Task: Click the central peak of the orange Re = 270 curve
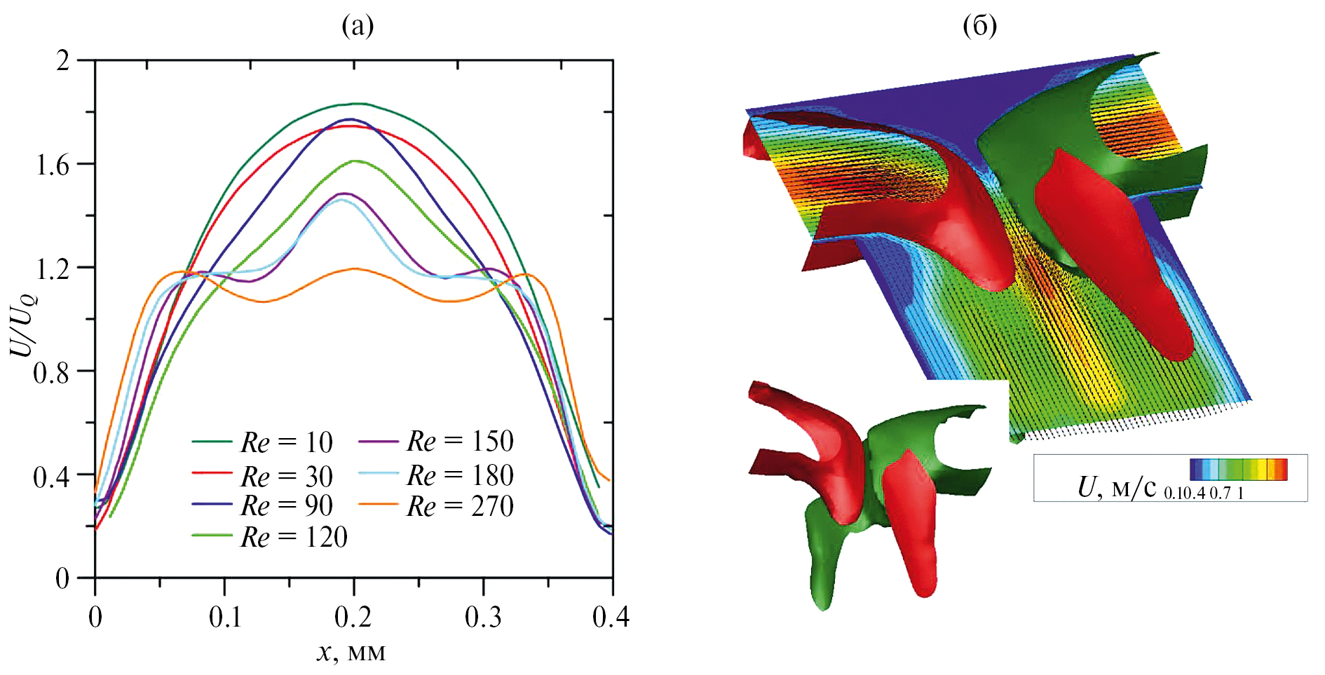tap(355, 268)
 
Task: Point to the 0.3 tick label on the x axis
tap(483, 618)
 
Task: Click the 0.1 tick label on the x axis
tap(225, 618)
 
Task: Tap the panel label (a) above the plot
tap(358, 26)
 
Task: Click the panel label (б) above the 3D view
tap(980, 26)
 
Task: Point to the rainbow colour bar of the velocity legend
tap(1238, 469)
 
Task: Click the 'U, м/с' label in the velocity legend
tap(1117, 486)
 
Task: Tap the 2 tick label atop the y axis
tap(64, 61)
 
